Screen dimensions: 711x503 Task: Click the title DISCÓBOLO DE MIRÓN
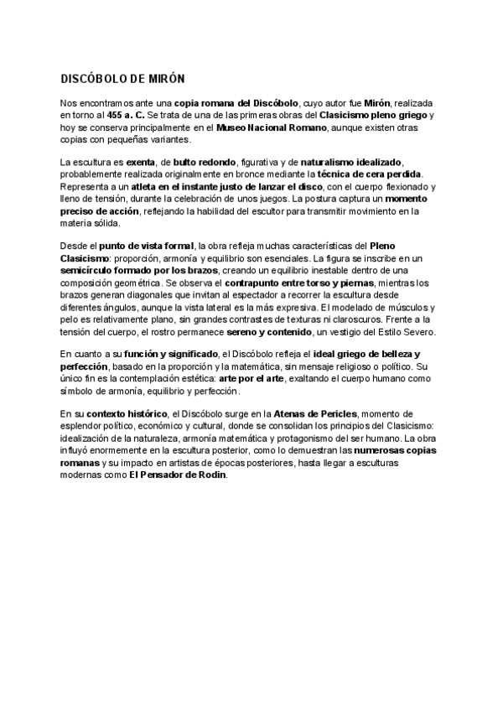click(x=122, y=78)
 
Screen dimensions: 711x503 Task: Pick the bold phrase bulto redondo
click(x=203, y=161)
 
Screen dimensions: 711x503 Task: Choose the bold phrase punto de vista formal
click(x=146, y=246)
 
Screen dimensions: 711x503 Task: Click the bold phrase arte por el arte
click(x=249, y=379)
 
